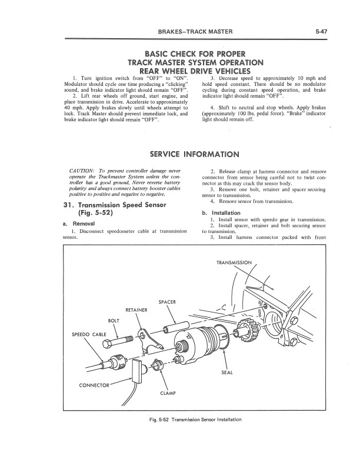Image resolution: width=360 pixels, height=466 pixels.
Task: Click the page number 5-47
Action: tap(321, 30)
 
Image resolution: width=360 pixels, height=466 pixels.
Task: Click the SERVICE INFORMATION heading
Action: tap(195, 155)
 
